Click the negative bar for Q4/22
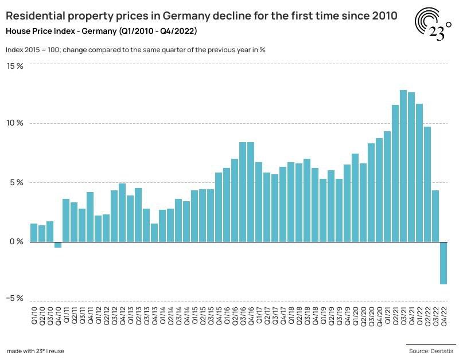pyautogui.click(x=444, y=263)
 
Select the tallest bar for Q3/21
pyautogui.click(x=403, y=166)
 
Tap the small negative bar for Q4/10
pyautogui.click(x=58, y=245)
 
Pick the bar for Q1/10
pyautogui.click(x=34, y=233)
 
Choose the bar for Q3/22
pyautogui.click(x=435, y=216)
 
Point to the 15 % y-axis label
pyautogui.click(x=15, y=66)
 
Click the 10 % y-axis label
pyautogui.click(x=15, y=123)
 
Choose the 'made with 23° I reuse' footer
pyautogui.click(x=36, y=350)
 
